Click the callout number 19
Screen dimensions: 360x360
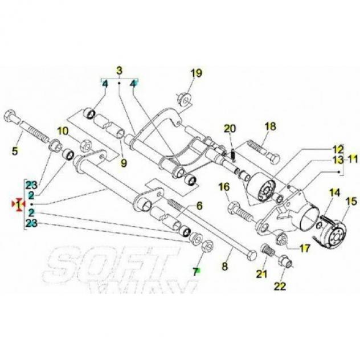(197, 73)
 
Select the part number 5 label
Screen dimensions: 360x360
(15, 151)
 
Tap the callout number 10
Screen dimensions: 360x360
(63, 131)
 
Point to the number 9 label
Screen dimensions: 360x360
(124, 163)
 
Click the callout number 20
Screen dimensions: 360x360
(230, 129)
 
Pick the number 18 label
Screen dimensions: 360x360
(270, 126)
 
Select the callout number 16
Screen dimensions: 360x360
(224, 187)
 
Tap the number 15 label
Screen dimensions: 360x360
(351, 201)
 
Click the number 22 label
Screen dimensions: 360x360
(280, 286)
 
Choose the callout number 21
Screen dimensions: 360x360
(261, 273)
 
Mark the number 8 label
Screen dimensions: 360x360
(225, 267)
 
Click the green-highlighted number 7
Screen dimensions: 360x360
(195, 272)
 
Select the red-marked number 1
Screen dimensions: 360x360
(19, 204)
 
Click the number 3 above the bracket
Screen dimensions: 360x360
(120, 71)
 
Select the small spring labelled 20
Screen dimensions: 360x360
(232, 155)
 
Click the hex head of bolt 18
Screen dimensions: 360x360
(273, 157)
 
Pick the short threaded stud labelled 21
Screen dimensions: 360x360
(268, 250)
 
